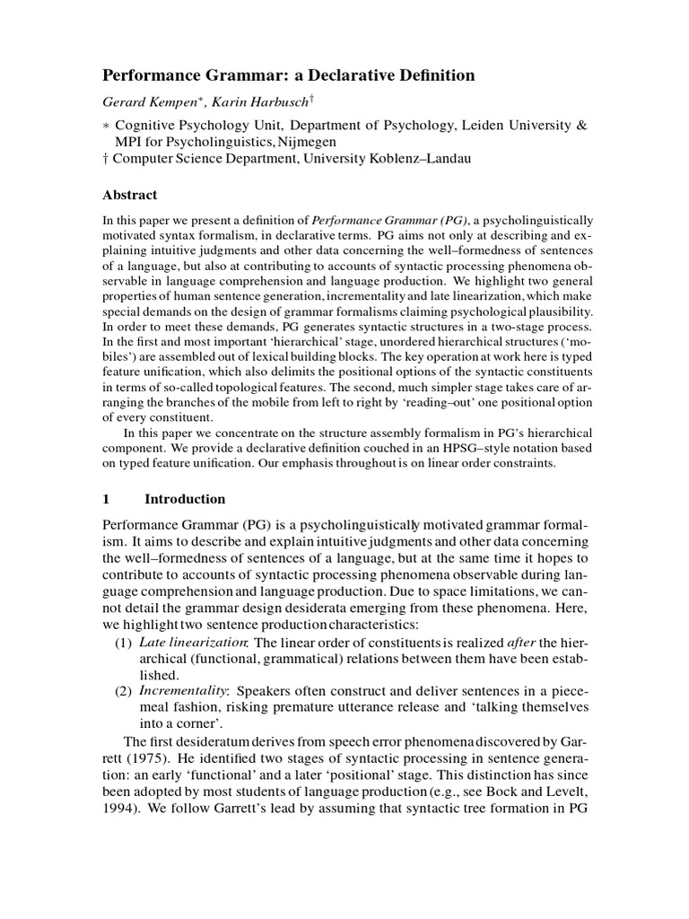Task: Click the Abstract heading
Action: [x=130, y=195]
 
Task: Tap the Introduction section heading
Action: [x=185, y=499]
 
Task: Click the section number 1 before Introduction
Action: [x=105, y=499]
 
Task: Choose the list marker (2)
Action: [x=123, y=690]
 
